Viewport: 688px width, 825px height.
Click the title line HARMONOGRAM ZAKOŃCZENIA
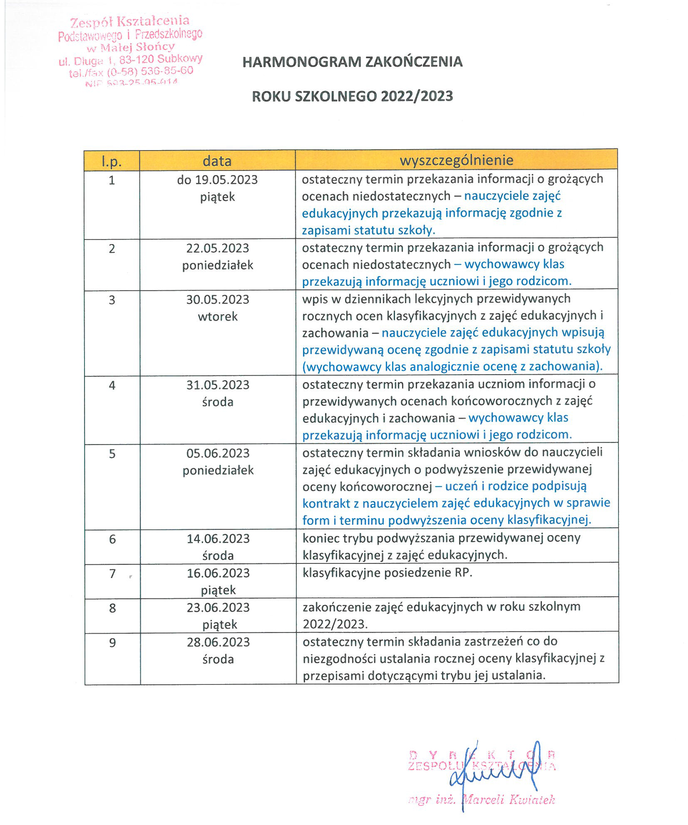click(352, 62)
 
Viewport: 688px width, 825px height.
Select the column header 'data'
click(217, 161)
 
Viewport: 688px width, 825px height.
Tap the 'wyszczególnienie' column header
click(456, 160)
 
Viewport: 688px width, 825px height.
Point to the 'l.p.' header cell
click(112, 161)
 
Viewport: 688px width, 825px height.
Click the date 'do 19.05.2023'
click(217, 180)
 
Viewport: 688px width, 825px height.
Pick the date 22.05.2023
click(217, 248)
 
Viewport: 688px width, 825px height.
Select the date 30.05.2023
click(217, 299)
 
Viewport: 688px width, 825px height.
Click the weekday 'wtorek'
click(217, 316)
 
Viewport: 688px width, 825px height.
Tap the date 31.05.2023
click(217, 385)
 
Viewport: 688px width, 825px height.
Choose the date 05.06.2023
click(218, 453)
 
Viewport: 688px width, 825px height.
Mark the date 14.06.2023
click(218, 538)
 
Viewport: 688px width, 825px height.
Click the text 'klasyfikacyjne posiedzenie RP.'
click(387, 573)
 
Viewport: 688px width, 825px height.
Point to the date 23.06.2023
click(218, 607)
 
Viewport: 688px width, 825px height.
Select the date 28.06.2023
click(218, 642)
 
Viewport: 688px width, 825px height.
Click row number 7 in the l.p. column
click(112, 573)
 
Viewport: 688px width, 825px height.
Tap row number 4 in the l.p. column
click(112, 385)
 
